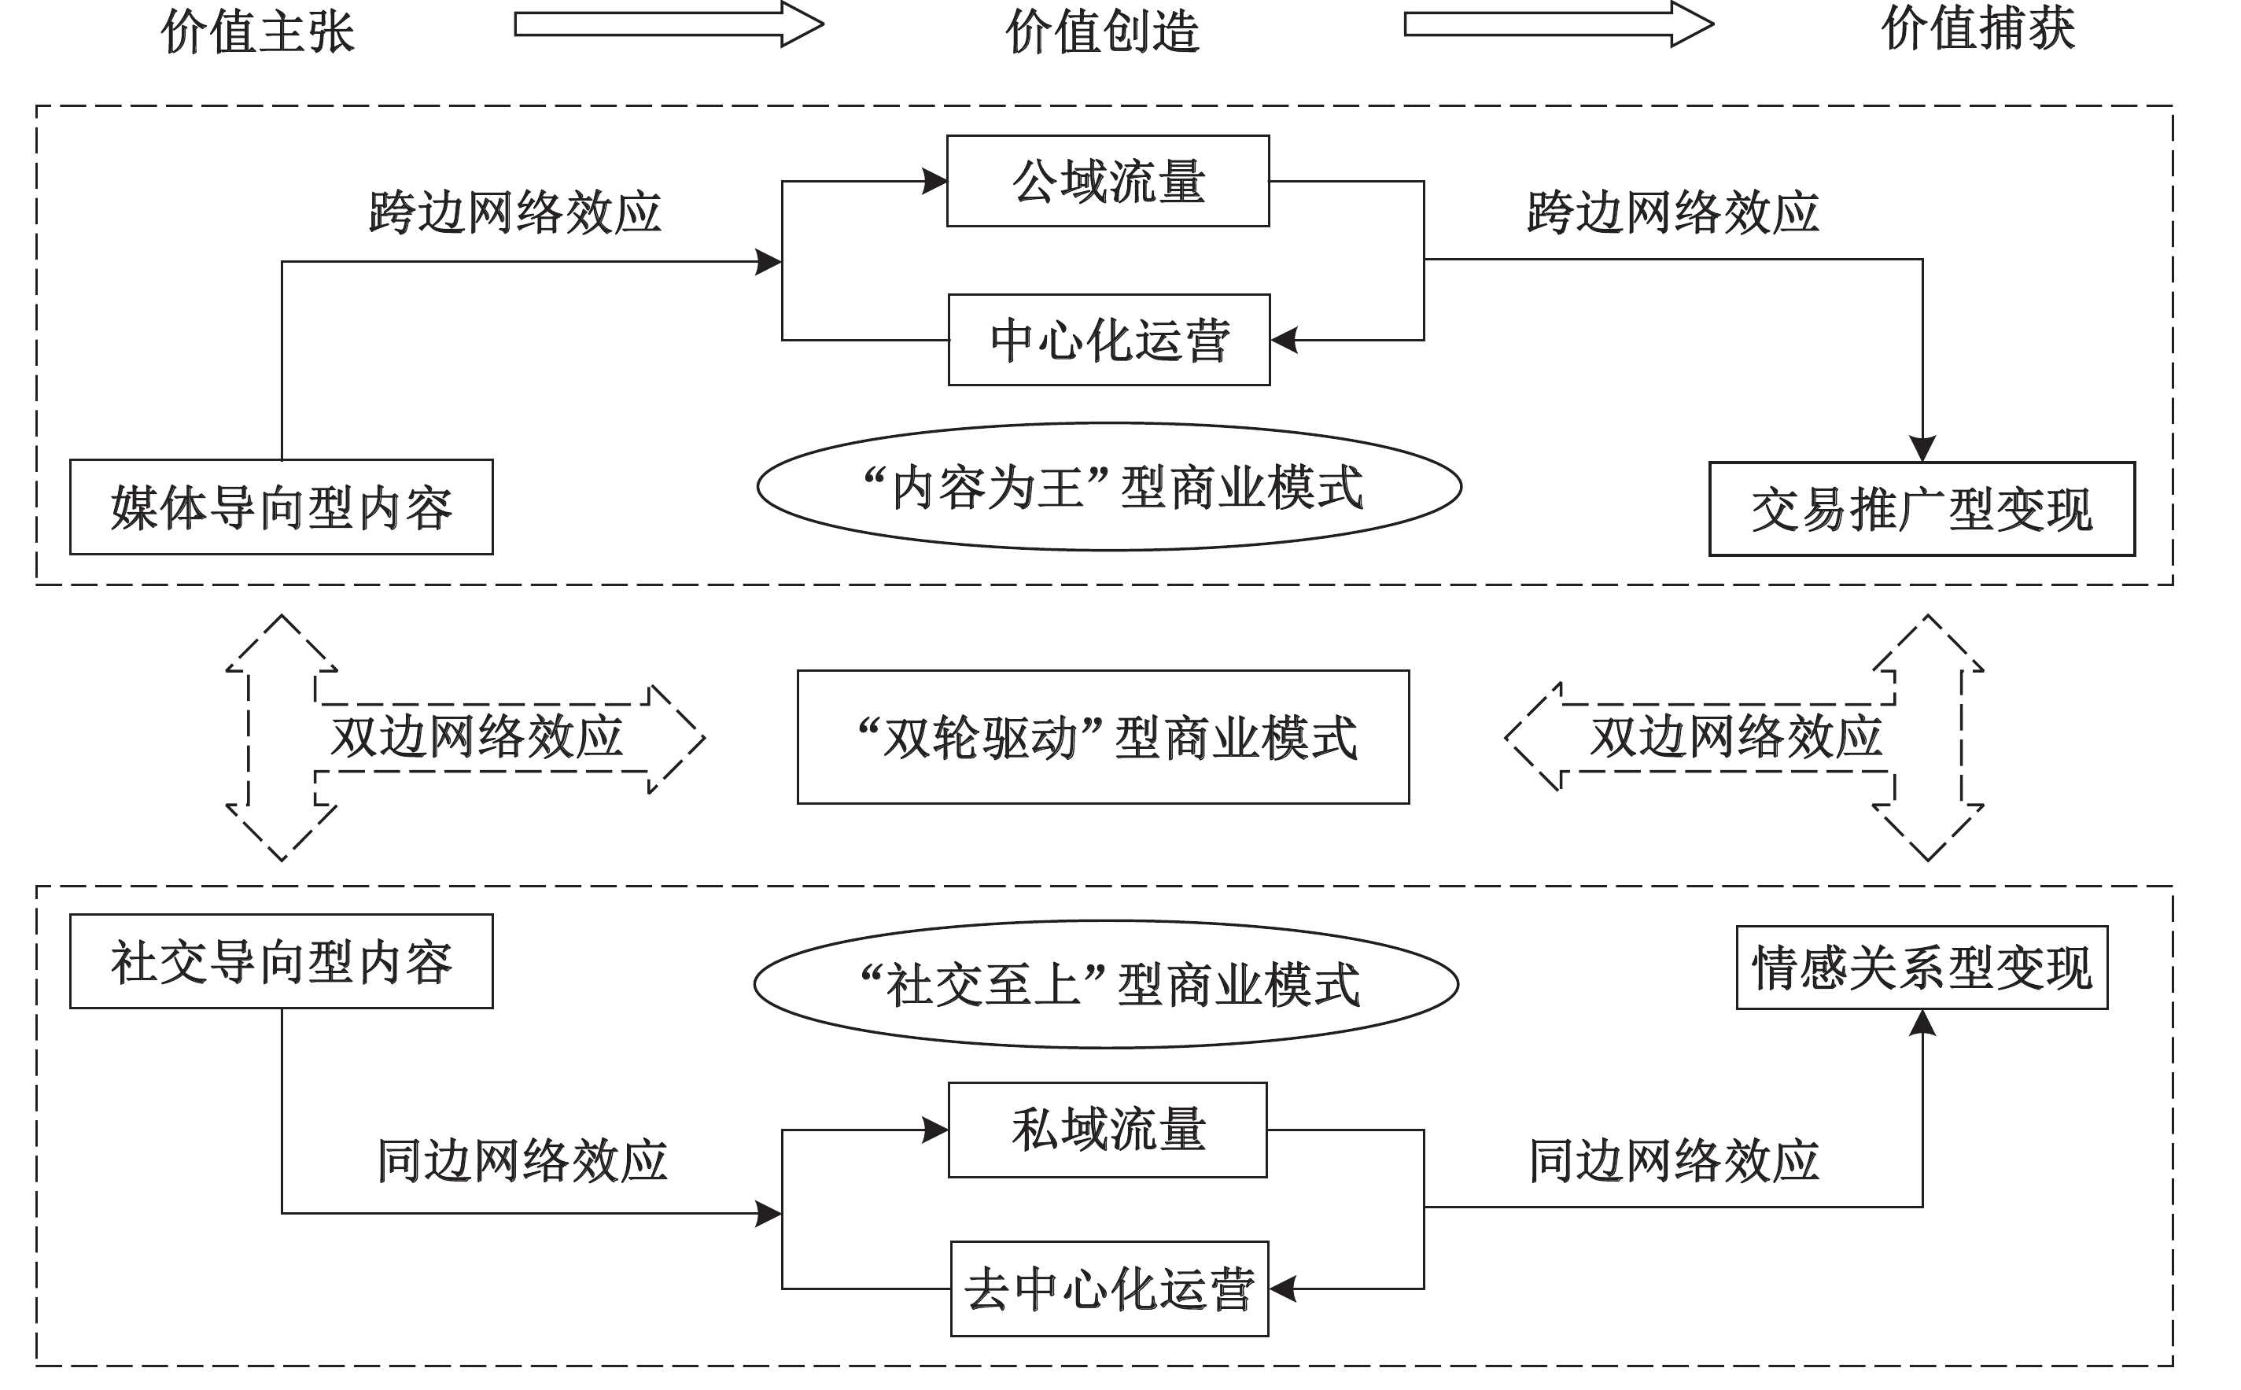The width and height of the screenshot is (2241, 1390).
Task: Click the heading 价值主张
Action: (257, 31)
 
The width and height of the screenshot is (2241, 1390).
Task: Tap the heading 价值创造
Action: (1102, 31)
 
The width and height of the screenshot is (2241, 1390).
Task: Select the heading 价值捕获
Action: (1977, 28)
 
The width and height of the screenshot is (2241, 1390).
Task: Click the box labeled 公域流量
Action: (1108, 181)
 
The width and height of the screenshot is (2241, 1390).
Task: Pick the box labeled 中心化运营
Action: (1108, 340)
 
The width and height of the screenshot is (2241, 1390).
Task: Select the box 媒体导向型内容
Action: (282, 507)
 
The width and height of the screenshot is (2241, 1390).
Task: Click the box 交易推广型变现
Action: (1921, 509)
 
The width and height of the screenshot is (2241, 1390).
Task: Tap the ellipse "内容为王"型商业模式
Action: (1108, 487)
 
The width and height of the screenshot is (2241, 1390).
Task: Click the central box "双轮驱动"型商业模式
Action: (1103, 737)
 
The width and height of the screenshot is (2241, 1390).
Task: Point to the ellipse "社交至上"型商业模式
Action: (1106, 985)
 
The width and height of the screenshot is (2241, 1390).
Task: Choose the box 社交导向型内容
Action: (282, 961)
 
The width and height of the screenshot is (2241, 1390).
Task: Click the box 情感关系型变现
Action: (1921, 968)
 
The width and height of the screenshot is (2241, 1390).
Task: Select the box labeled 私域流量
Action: (1108, 1130)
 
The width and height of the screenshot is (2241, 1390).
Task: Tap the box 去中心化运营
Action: (1109, 1289)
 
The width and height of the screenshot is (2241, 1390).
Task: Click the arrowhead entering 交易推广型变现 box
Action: (1922, 449)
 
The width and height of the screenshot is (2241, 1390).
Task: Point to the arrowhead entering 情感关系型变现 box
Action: (1922, 1023)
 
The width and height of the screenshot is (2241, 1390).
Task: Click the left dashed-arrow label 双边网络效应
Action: (476, 737)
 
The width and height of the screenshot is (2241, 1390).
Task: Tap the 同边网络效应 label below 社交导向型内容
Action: (522, 1161)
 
